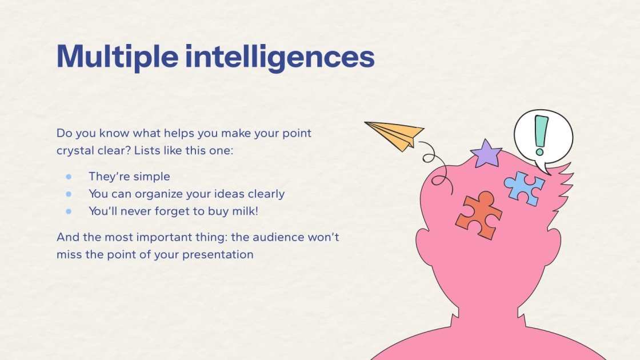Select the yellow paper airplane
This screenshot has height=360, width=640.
(395, 135)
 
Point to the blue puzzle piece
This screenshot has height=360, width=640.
(523, 187)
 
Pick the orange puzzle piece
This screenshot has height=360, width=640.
(479, 215)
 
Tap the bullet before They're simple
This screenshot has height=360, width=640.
(69, 177)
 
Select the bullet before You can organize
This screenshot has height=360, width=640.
(69, 194)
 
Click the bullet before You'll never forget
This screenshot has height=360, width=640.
(69, 211)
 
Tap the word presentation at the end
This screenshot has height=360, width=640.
(218, 254)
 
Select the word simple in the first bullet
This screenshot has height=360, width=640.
(151, 177)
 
